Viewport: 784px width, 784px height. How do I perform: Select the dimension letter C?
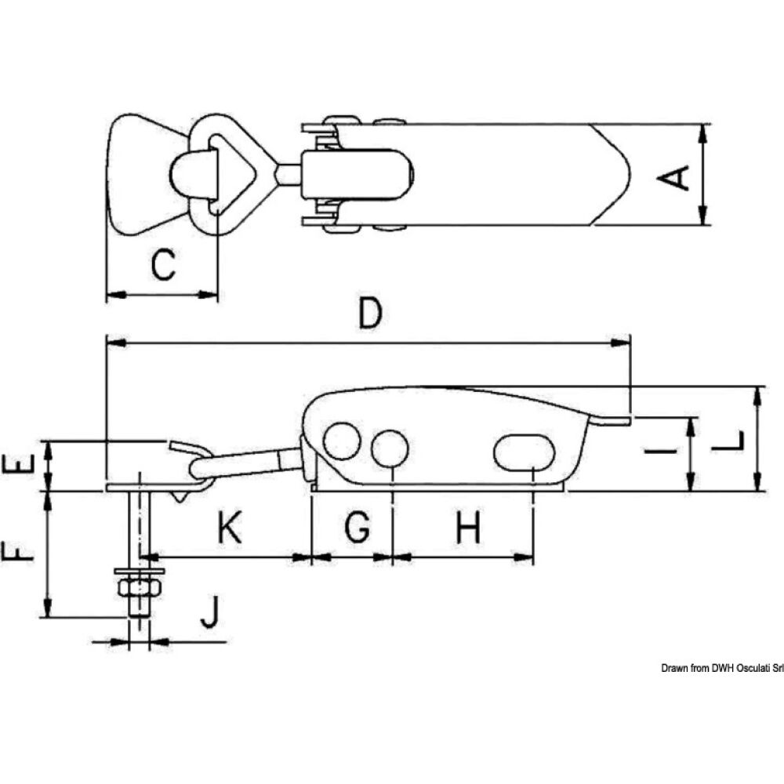162,265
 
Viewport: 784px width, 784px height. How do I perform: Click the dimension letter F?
21,552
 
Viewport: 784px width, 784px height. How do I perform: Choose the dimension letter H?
467,530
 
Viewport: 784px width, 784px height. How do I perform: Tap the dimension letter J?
209,612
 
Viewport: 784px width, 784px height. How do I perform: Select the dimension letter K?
228,530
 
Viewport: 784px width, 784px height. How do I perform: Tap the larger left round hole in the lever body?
342,441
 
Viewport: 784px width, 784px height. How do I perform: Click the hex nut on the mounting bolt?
139,588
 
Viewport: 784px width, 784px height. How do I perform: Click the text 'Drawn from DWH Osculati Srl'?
721,668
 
